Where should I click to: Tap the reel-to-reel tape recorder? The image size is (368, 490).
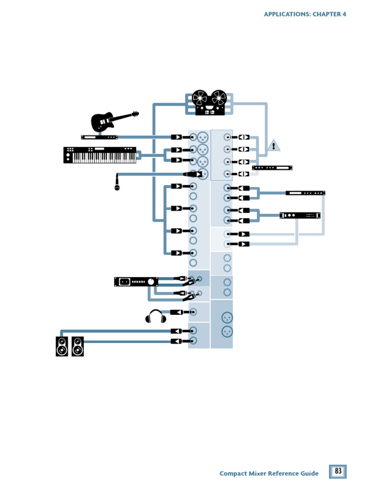point(209,103)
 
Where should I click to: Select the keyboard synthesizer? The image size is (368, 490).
point(100,155)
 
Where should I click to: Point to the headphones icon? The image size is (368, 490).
point(156,316)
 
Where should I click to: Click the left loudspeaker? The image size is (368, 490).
point(62,346)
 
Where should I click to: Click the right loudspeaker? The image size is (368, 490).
point(78,346)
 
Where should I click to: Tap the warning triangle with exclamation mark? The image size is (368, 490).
point(274,145)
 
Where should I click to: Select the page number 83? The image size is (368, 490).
point(338,471)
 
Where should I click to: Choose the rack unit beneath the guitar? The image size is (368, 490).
point(99,137)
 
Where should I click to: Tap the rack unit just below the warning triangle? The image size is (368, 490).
point(272,168)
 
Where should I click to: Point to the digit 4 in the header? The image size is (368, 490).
point(344,14)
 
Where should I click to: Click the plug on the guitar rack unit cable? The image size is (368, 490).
point(177,137)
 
